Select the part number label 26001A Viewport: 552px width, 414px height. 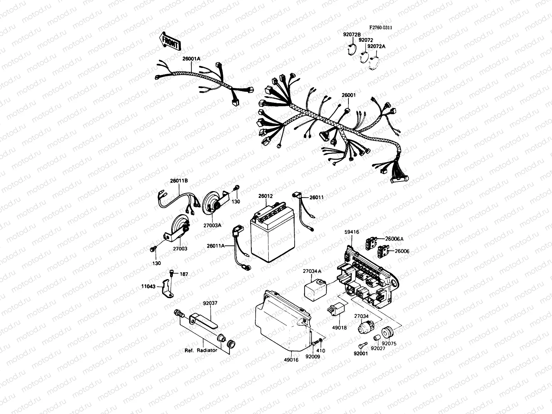pyautogui.click(x=191, y=59)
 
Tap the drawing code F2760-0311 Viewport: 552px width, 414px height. pyautogui.click(x=381, y=28)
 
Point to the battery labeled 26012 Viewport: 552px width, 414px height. pyautogui.click(x=273, y=233)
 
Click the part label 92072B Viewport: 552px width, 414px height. pyautogui.click(x=352, y=35)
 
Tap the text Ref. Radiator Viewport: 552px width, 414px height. pyautogui.click(x=201, y=351)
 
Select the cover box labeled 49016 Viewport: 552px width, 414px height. pyautogui.click(x=283, y=321)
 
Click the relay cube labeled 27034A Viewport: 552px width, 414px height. pyautogui.click(x=315, y=290)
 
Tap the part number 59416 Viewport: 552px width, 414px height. pyautogui.click(x=352, y=232)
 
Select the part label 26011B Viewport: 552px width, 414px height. pyautogui.click(x=179, y=181)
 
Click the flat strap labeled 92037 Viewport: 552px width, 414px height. pyautogui.click(x=204, y=322)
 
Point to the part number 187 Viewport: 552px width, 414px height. pyautogui.click(x=184, y=274)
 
